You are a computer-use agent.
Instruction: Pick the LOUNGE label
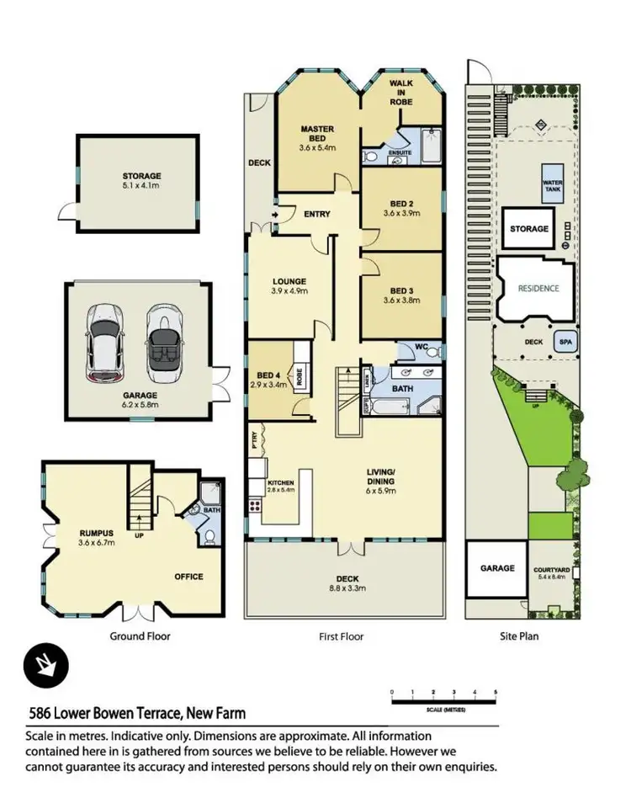pos(289,281)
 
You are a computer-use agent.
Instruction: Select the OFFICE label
pos(188,577)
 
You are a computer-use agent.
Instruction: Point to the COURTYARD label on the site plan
pos(552,569)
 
